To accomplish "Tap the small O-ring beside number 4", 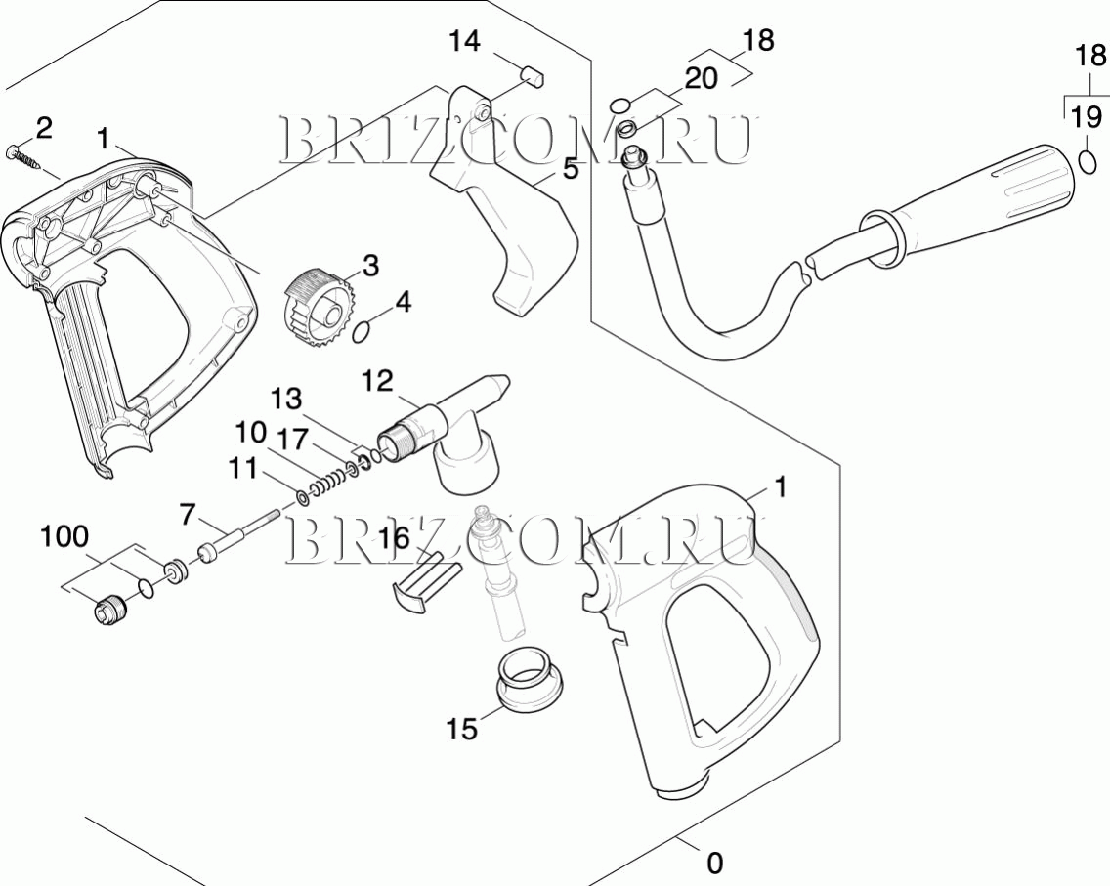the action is pos(361,332).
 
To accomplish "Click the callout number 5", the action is pos(571,169).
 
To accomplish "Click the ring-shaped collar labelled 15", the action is pos(531,678).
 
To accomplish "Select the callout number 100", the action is pos(64,536).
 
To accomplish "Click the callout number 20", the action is pos(701,78).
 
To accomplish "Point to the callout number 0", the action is pos(715,864).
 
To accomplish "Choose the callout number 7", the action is pos(187,515).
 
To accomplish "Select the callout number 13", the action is pos(286,400).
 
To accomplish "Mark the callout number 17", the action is pos(290,440).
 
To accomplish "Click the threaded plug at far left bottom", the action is pos(110,610).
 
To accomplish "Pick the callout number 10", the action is pos(250,431).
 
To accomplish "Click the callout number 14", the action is pos(464,41).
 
